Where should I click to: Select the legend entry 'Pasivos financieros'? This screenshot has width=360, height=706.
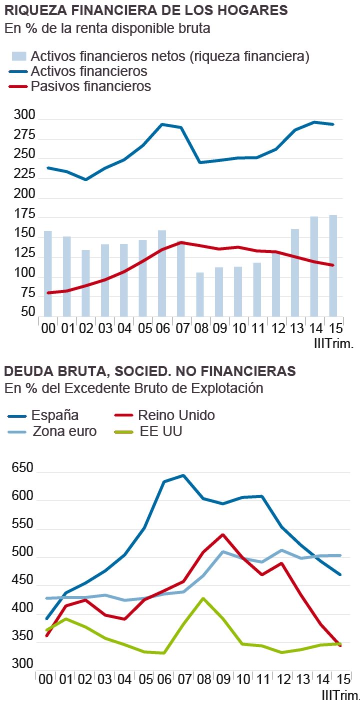(90, 86)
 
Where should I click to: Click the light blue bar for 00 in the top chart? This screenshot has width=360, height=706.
(48, 273)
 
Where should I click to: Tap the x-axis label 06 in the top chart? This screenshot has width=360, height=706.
(162, 329)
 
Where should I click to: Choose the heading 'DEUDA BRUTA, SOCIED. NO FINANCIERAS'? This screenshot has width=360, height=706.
(149, 371)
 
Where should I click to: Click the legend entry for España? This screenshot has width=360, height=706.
(54, 415)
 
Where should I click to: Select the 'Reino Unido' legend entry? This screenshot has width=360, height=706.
(176, 415)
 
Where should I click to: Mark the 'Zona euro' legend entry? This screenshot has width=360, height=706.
(64, 431)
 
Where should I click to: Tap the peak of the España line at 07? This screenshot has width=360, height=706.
(183, 475)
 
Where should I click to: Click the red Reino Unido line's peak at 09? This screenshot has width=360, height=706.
(222, 534)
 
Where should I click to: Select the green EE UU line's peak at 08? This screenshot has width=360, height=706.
(203, 598)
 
